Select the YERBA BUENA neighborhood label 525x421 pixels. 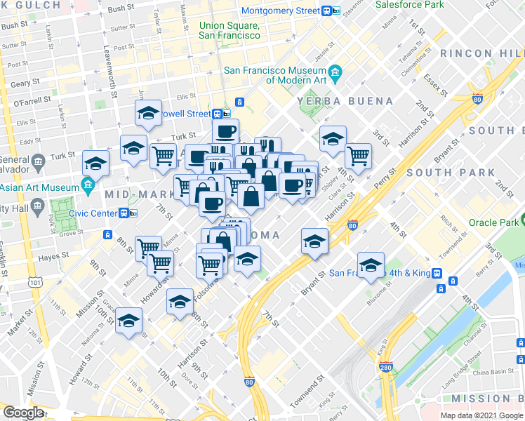point(345,101)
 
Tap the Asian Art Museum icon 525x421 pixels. point(88,187)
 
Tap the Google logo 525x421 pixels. point(23,412)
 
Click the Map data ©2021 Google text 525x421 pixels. point(481,415)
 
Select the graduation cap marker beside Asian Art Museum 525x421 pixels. point(96,165)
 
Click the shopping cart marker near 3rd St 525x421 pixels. point(358,154)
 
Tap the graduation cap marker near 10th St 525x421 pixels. point(129,321)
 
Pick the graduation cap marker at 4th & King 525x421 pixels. point(371,265)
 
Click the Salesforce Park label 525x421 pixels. point(409,5)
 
